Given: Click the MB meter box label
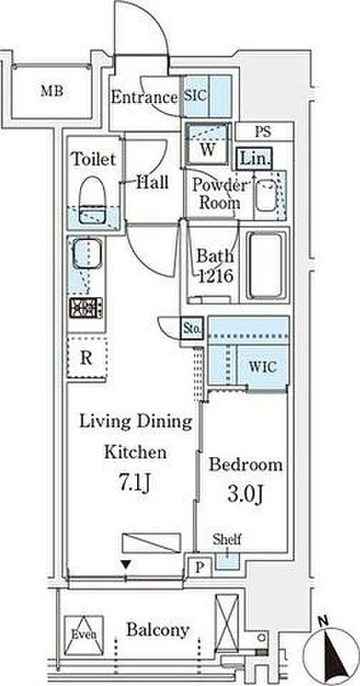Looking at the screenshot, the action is pos(52,91).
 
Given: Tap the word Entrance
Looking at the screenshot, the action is pos(144,97).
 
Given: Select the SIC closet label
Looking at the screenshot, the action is pos(195,96).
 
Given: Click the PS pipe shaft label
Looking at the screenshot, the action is pos(263,131).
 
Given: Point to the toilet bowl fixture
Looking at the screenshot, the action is pos(93,199).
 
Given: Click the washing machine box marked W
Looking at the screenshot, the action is pos(207,144).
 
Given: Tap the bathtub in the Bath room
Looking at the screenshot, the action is pos(266,266).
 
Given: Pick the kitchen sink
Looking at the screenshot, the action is pos(86,254).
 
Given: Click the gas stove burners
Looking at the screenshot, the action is pos(86,307).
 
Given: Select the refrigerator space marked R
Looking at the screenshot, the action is pos(87,358).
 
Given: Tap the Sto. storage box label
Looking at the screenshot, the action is pos(191,329).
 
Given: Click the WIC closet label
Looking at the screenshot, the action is pos(263,367).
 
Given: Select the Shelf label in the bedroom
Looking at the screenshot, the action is pos(227,539).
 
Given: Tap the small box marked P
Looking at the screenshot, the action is pos(199,567).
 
